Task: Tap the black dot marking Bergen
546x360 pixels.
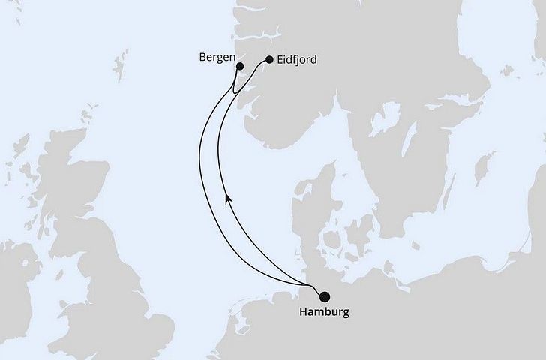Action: tap(240, 66)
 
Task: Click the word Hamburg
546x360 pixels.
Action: tap(325, 312)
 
